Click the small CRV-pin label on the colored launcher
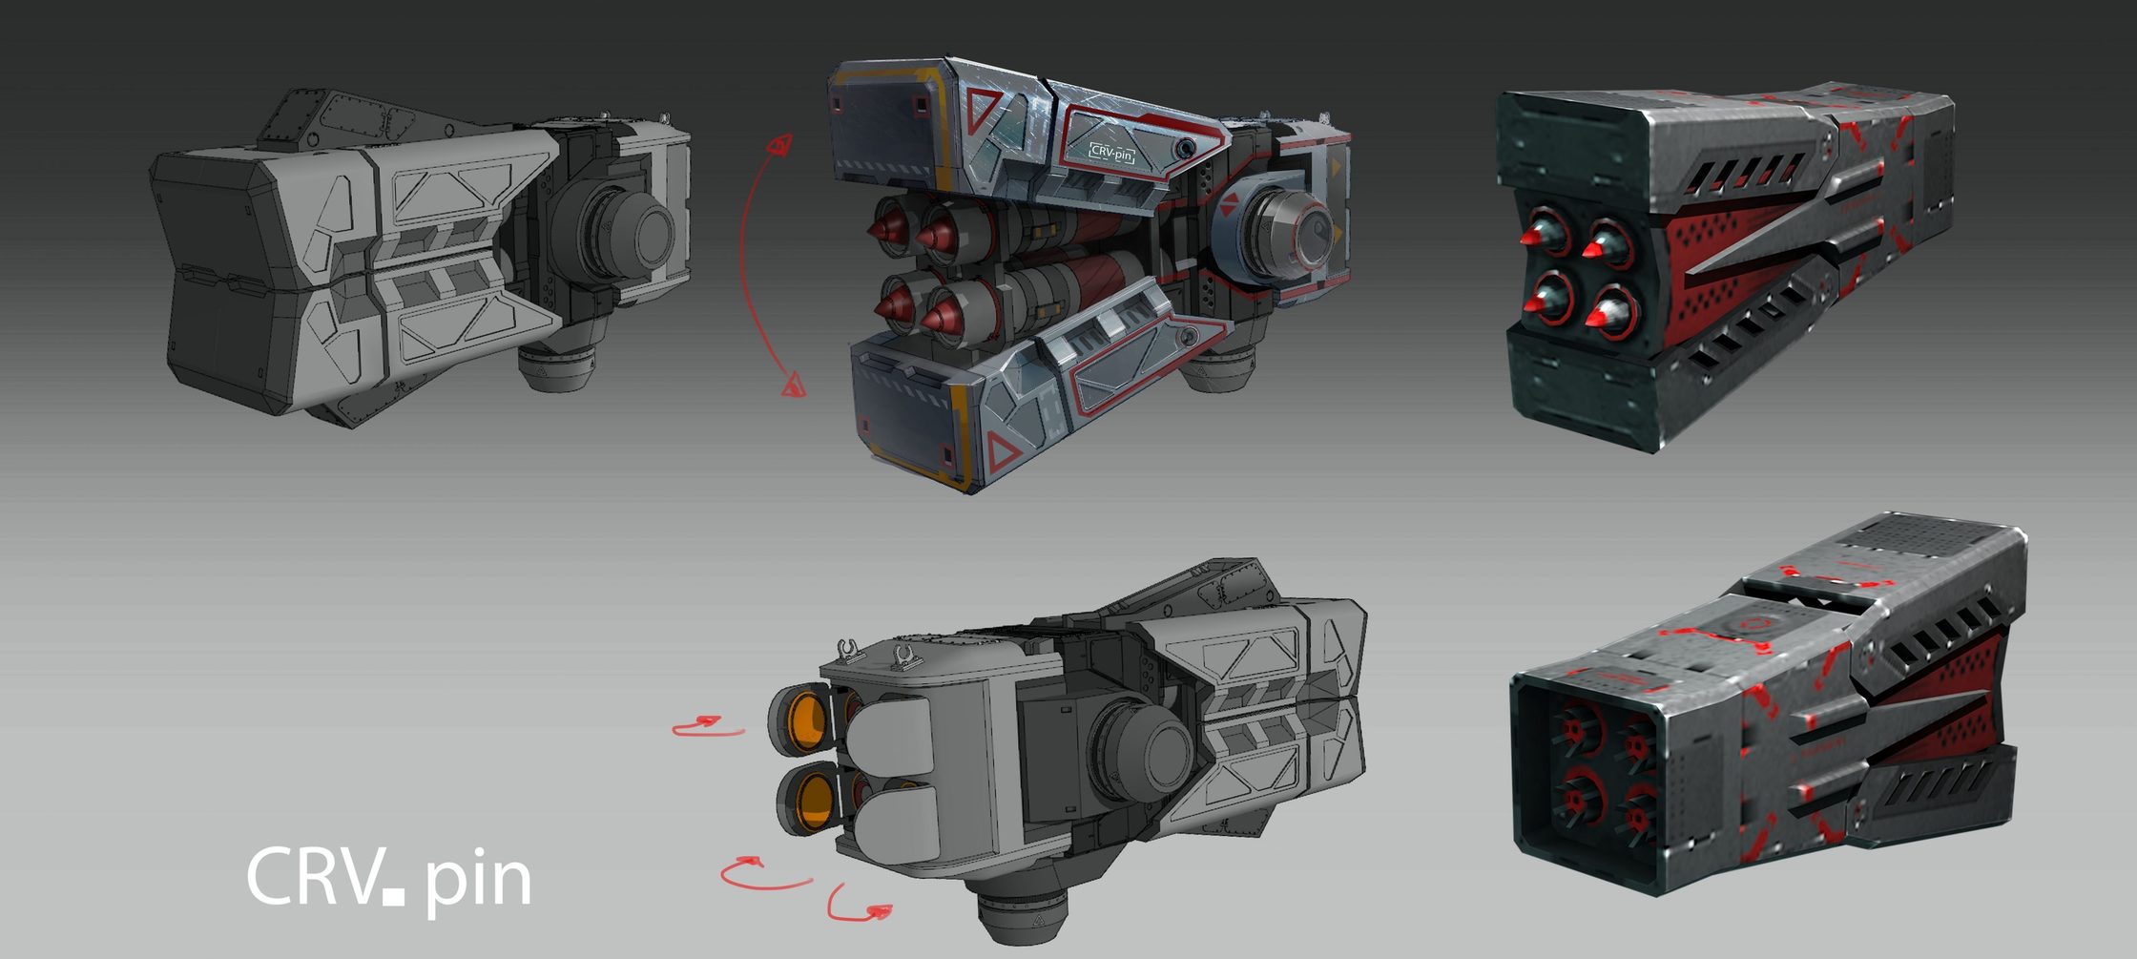(x=1111, y=152)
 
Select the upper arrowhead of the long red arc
(x=780, y=144)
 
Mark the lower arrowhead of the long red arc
(x=794, y=386)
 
